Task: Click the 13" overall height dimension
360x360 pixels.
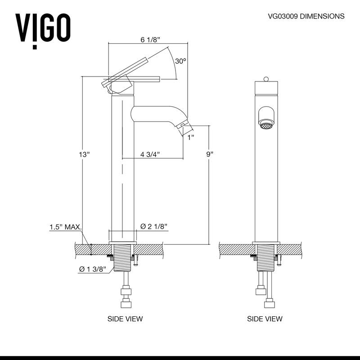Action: [84, 154]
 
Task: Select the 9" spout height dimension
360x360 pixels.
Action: [209, 154]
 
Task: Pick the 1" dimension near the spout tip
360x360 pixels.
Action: [191, 137]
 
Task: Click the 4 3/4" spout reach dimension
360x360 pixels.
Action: [151, 154]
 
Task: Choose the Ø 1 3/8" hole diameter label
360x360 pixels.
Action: [92, 269]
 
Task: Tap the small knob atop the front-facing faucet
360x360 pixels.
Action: [265, 79]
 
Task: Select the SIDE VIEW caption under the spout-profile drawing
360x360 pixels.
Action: [125, 319]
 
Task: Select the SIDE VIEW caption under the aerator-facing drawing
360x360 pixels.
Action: [265, 319]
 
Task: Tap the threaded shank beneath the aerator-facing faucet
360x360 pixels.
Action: [265, 258]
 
